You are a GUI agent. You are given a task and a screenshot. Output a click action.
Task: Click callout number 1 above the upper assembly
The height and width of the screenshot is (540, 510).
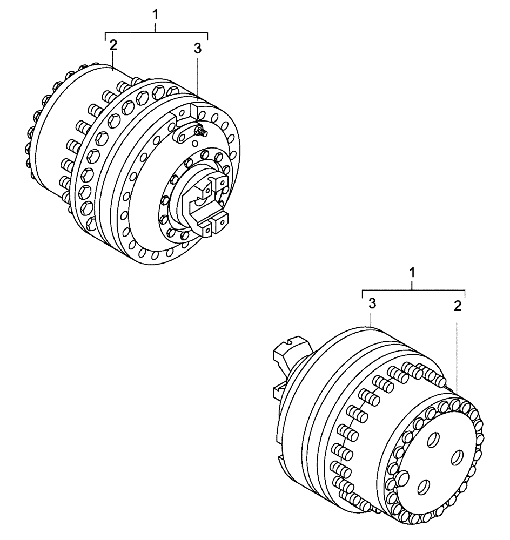click(156, 15)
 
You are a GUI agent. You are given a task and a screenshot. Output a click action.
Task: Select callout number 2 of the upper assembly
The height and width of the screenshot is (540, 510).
click(113, 45)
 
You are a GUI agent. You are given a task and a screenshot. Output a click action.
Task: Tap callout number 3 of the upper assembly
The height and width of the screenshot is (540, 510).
click(197, 49)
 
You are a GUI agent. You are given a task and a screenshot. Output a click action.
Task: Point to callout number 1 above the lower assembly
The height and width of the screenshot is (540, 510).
click(413, 272)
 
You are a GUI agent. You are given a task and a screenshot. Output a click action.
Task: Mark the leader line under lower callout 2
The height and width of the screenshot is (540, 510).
click(457, 356)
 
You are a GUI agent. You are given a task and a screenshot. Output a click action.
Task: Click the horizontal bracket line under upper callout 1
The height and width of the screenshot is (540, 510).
click(156, 33)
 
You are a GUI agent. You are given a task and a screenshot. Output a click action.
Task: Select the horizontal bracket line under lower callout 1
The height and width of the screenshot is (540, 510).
click(413, 290)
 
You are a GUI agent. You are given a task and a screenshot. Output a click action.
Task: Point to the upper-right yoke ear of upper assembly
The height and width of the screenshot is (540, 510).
click(222, 184)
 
